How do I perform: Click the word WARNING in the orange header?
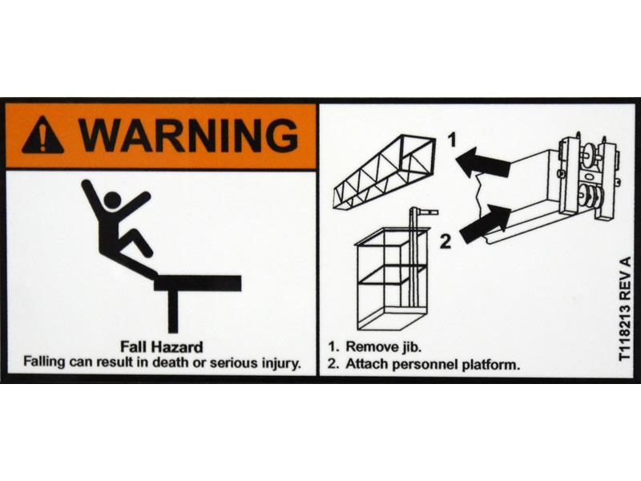(x=189, y=135)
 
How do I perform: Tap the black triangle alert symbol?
(x=43, y=135)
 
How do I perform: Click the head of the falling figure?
(x=112, y=200)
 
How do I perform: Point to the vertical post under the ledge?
(x=173, y=311)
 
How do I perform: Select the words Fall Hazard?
(x=162, y=347)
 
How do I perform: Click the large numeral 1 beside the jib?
(x=452, y=140)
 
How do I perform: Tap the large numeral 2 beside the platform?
(x=445, y=241)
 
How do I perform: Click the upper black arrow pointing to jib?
(x=482, y=163)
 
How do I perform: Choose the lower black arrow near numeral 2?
(x=486, y=223)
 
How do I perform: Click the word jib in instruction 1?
(x=410, y=347)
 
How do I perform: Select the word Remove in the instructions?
(x=372, y=347)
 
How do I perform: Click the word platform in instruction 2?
(x=491, y=365)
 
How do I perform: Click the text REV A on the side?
(x=626, y=277)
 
